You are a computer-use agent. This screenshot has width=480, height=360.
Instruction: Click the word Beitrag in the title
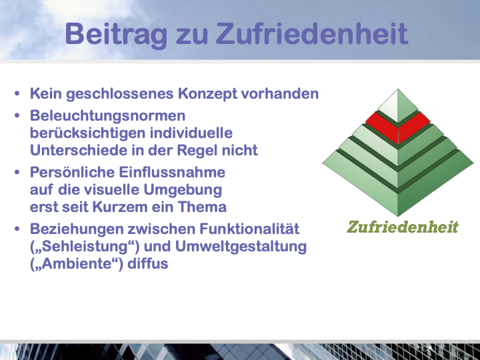point(116,35)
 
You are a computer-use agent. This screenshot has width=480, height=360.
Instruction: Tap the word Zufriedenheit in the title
point(312,33)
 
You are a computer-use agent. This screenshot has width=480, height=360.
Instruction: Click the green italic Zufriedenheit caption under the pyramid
point(403,227)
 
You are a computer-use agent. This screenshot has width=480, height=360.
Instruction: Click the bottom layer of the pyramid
point(398,184)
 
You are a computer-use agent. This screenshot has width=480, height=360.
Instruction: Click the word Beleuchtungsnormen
point(108,116)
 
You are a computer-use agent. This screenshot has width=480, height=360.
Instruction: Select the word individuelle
point(191,133)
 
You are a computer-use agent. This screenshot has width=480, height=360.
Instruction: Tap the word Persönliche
point(72,172)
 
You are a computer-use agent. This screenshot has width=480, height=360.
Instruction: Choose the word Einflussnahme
point(172,172)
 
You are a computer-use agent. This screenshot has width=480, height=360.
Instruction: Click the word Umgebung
point(183,190)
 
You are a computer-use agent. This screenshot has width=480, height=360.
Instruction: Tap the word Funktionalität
point(249,229)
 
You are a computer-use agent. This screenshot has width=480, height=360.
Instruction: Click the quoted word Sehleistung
point(85,247)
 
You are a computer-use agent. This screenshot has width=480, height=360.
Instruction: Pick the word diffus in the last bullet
point(148,263)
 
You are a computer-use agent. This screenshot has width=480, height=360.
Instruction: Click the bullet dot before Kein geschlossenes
point(17,93)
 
